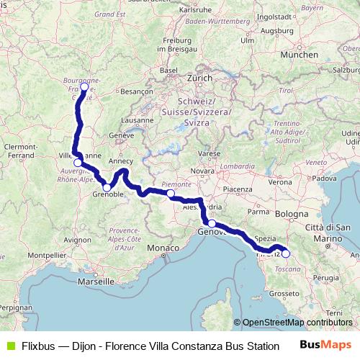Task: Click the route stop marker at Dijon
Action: (84, 87)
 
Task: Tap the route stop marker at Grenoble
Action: (107, 188)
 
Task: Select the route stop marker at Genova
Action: (212, 224)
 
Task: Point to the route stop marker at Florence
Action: (285, 253)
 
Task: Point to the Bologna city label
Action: (291, 214)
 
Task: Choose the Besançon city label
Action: (137, 92)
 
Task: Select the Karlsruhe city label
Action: (195, 11)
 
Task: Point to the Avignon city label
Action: (77, 238)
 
